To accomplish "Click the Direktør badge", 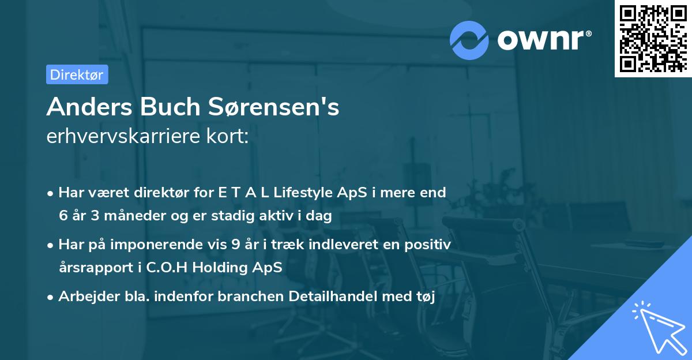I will (77, 74).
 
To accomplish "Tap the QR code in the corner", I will (653, 38).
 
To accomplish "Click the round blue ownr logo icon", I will (469, 40).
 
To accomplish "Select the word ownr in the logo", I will (544, 40).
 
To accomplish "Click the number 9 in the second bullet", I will (235, 245).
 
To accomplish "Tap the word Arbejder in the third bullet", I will (84, 297).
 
